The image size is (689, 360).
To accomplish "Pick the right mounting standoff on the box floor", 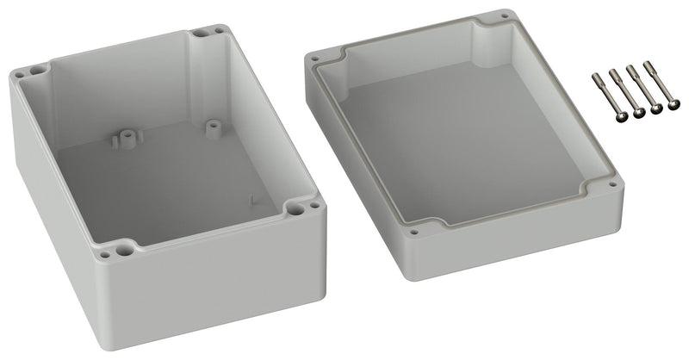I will pos(209,125).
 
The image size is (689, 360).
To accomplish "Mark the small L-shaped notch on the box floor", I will pos(252,199).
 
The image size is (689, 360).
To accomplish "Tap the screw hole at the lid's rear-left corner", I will pos(318,59).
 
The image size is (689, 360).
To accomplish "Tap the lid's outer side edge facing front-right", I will pos(517,237).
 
